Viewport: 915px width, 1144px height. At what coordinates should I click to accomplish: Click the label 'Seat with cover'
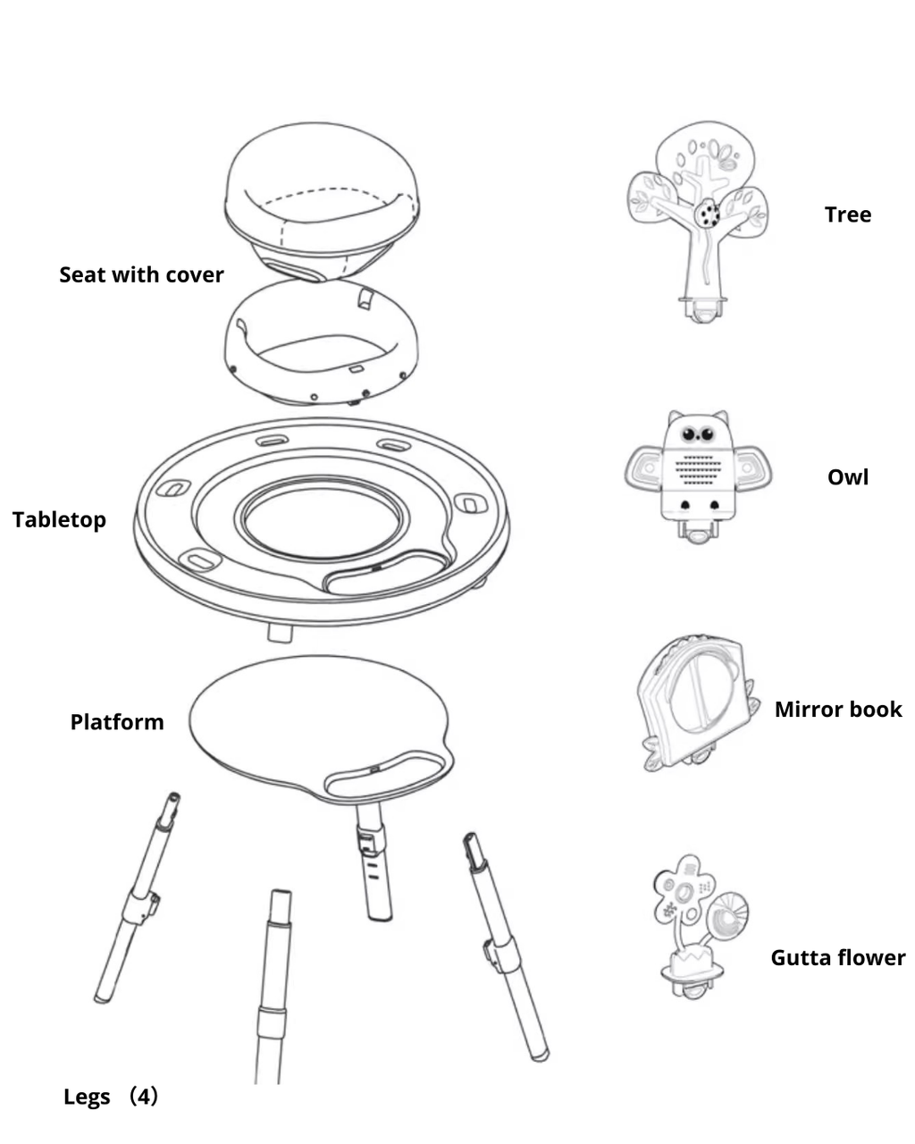click(x=141, y=274)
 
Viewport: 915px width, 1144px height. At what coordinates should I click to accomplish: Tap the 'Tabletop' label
click(x=59, y=519)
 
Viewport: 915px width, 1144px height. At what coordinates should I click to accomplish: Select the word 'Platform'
click(x=117, y=722)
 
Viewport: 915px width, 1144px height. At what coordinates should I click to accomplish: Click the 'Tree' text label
click(x=847, y=214)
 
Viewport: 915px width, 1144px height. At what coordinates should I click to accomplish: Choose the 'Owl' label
click(x=847, y=476)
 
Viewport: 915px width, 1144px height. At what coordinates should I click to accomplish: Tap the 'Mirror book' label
click(x=838, y=710)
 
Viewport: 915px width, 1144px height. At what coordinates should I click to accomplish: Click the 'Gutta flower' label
click(x=837, y=958)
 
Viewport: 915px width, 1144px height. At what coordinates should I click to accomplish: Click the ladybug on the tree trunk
click(x=708, y=214)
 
